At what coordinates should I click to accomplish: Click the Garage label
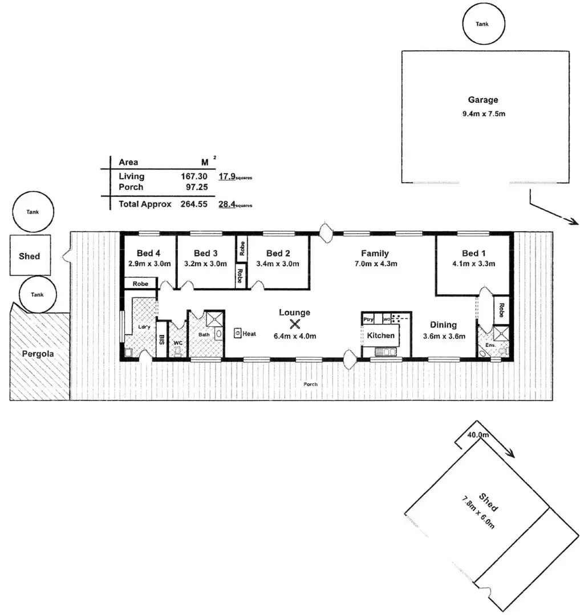pos(484,100)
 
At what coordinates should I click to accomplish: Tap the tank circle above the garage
pos(482,25)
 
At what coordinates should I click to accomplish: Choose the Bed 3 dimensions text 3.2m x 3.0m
pos(206,264)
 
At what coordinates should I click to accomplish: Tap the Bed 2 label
pos(278,253)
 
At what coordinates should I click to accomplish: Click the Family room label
pos(375,253)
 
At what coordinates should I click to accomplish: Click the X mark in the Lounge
pos(295,325)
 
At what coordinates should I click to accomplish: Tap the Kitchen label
pos(380,335)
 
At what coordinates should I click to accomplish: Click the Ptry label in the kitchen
pos(368,319)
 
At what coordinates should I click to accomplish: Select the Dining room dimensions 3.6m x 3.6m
pos(448,336)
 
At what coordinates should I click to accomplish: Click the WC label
pos(178,343)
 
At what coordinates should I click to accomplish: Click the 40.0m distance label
pos(478,435)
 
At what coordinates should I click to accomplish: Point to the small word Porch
pos(310,384)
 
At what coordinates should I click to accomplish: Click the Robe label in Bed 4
pos(140,284)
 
